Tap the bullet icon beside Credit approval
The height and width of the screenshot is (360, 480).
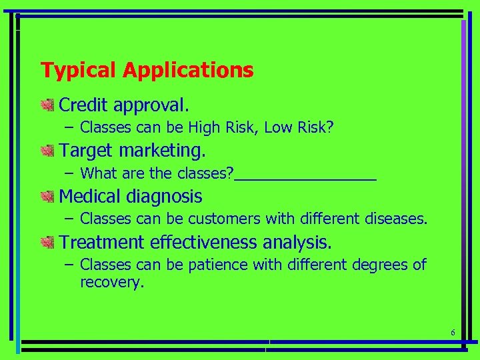[x=47, y=105]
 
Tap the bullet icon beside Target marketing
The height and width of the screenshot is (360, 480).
[x=47, y=151]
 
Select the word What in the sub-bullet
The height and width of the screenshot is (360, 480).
[x=98, y=173]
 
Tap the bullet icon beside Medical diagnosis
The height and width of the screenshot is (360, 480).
[x=47, y=196]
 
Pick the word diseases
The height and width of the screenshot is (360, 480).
[x=396, y=219]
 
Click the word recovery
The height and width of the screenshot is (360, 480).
[x=111, y=282]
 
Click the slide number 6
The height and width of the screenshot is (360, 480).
[x=453, y=333]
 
